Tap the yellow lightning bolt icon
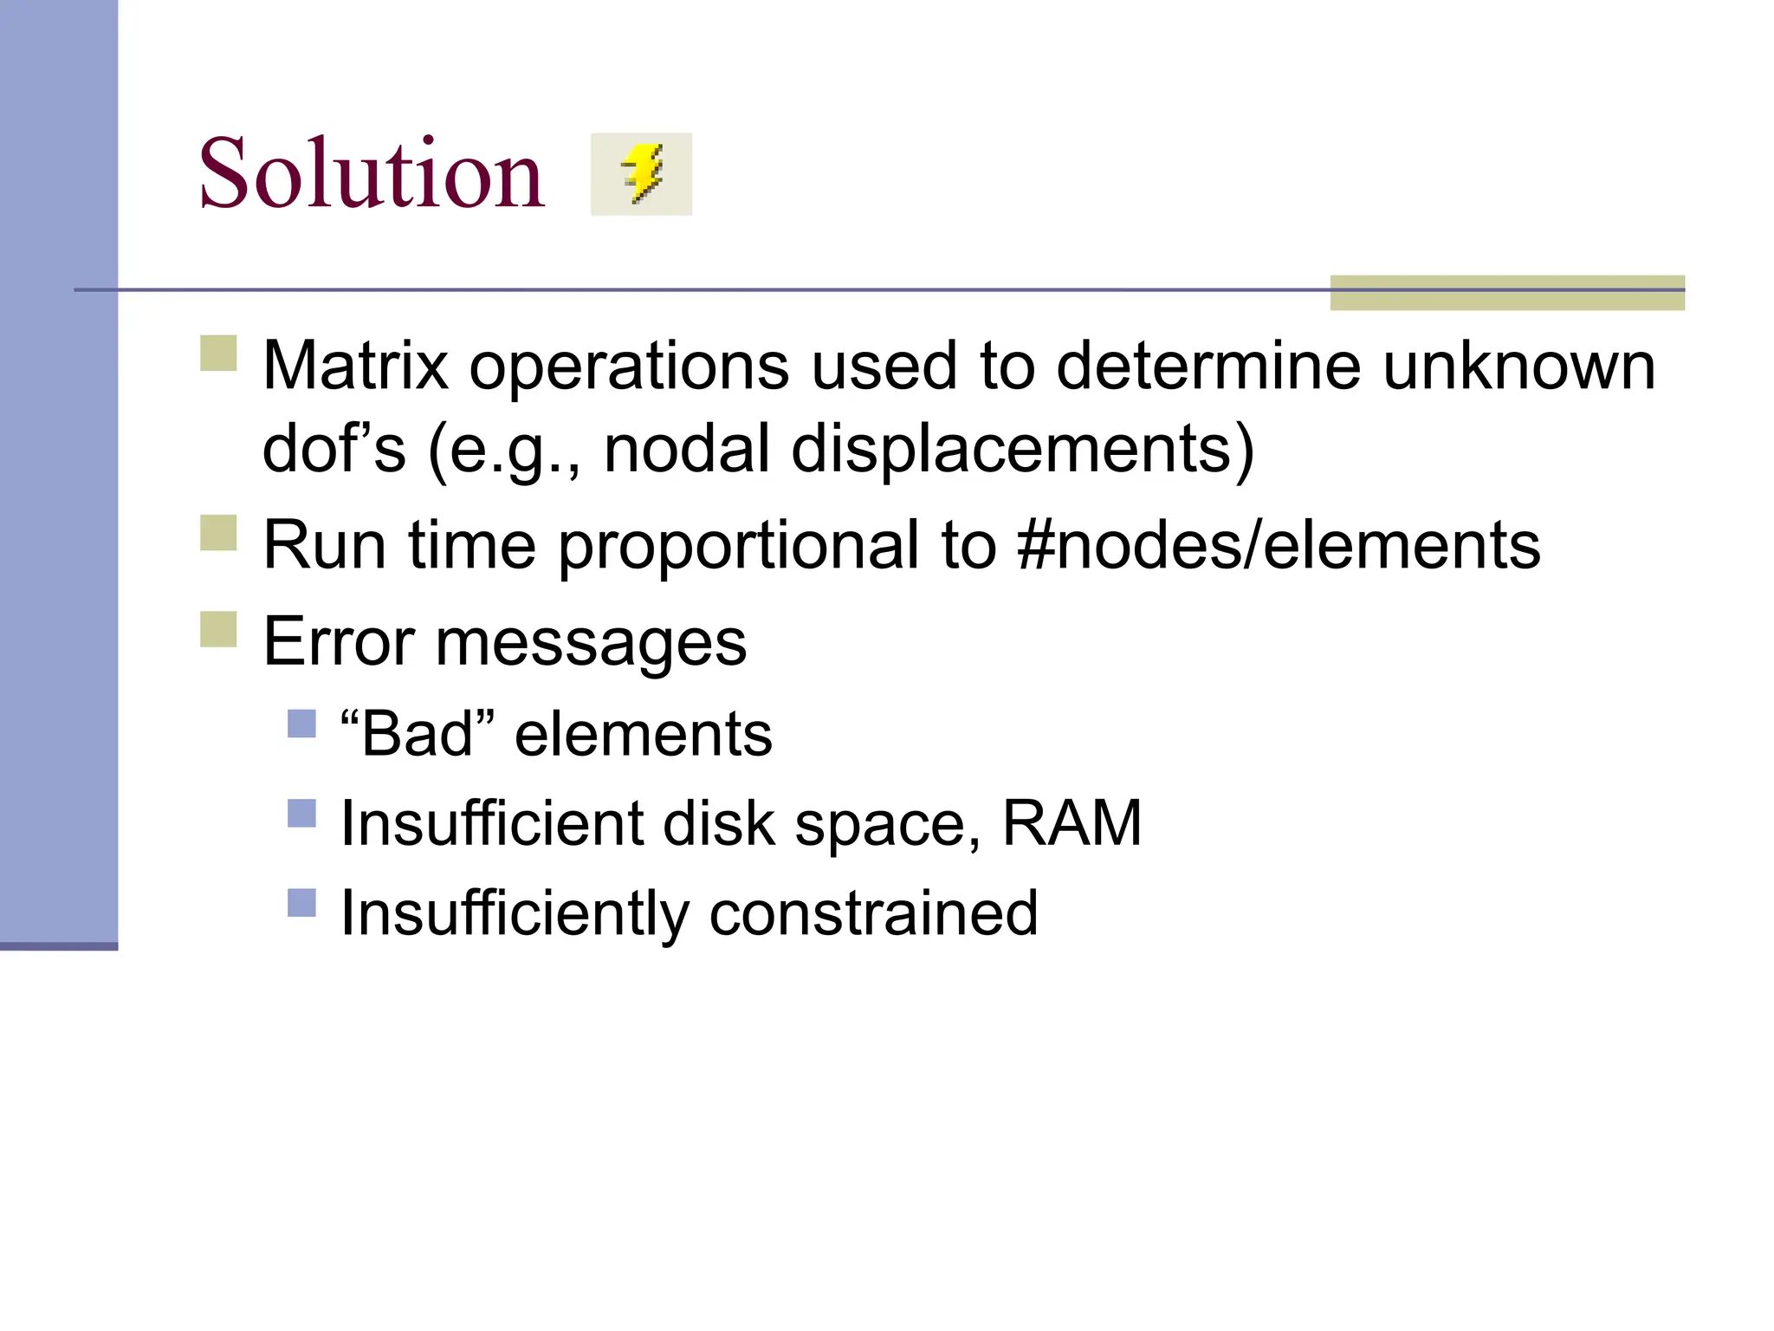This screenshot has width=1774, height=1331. click(642, 173)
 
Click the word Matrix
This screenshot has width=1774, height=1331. click(355, 366)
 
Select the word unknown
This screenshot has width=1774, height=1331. click(1518, 366)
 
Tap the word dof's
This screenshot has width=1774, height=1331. click(333, 449)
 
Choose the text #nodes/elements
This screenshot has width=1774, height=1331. click(1279, 545)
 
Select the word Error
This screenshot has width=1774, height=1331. click(339, 642)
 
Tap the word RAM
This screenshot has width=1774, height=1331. click(1072, 823)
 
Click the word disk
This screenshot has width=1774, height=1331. click(718, 823)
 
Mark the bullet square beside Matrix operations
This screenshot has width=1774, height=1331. click(218, 354)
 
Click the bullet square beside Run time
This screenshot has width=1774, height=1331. click(218, 533)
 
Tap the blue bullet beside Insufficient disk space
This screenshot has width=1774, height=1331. click(301, 813)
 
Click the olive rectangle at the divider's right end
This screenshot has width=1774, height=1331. click(1506, 293)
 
